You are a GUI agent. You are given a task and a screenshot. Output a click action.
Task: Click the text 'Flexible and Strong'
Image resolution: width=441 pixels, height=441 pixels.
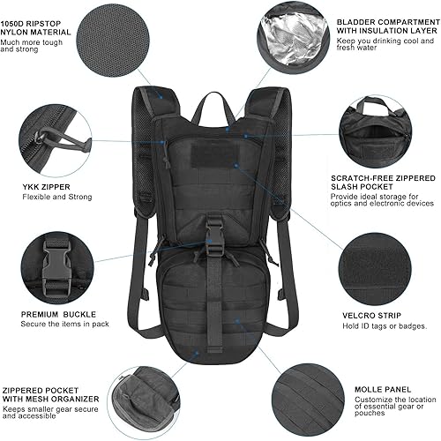[x=57, y=197]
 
